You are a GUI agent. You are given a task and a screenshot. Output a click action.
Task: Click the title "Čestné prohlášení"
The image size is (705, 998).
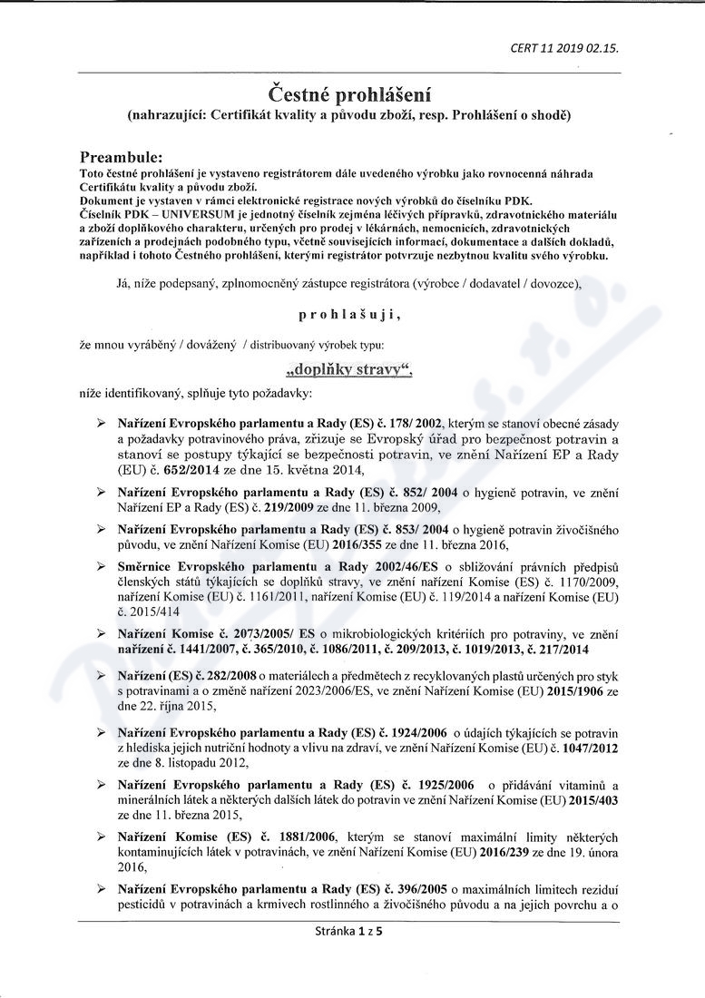349,94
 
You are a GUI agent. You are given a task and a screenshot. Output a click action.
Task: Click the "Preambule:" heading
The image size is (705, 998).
121,157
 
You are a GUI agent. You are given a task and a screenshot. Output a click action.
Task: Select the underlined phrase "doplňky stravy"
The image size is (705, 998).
349,370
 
